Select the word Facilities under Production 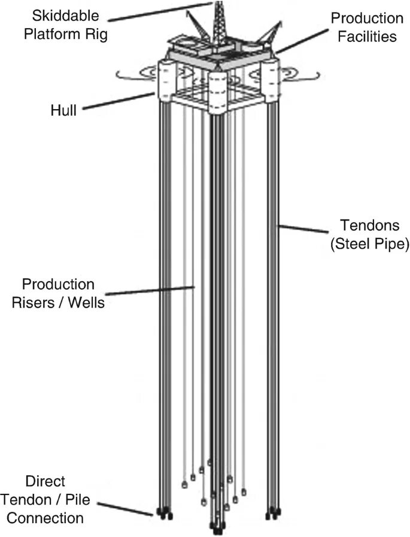click(x=367, y=36)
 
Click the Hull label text click(x=63, y=110)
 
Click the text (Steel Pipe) click(x=366, y=245)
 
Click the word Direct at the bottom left click(x=45, y=481)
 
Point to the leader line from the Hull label click(x=117, y=101)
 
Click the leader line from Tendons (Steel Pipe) click(x=305, y=230)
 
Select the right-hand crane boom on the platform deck click(x=269, y=33)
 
